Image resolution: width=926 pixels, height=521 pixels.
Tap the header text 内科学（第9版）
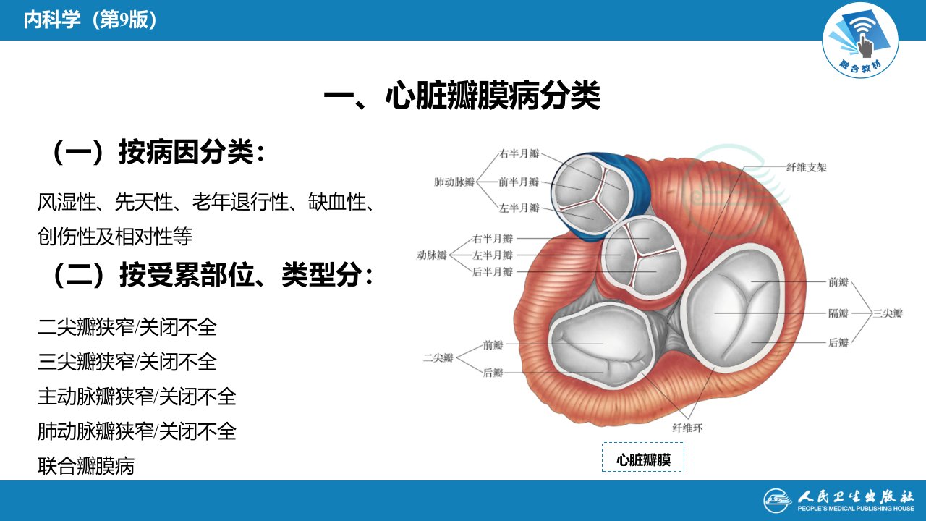(90, 20)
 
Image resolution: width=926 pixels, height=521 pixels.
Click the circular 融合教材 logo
(860, 40)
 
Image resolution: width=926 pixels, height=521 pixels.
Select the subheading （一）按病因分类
(156, 153)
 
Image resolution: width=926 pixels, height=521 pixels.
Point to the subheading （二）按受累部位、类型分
(211, 274)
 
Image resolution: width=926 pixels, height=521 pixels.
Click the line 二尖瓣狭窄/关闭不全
(127, 328)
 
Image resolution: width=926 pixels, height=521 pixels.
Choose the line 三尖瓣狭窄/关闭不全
(127, 362)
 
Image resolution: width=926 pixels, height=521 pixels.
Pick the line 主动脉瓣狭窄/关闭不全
(137, 397)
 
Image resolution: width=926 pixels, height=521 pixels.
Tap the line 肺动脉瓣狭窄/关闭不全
(137, 431)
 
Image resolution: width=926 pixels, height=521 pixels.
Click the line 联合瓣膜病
(86, 466)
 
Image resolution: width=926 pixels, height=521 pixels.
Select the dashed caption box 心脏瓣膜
(643, 457)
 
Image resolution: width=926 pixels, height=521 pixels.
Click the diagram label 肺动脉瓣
(454, 182)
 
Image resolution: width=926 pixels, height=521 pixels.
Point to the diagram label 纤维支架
(806, 167)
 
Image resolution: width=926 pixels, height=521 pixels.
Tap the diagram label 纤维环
(687, 428)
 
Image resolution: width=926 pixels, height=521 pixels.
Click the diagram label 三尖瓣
(888, 313)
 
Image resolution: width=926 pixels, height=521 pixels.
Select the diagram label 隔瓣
(838, 313)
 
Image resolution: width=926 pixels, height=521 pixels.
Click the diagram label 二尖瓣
(438, 357)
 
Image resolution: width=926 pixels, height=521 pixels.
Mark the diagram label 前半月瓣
(519, 182)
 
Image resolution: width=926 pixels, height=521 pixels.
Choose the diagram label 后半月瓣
(493, 271)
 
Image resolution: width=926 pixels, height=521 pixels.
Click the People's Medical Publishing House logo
(839, 501)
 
